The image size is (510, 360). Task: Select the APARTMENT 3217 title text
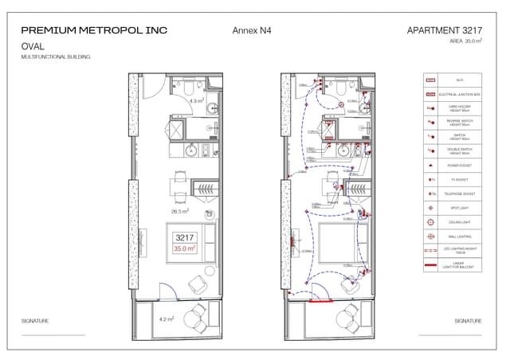(444, 30)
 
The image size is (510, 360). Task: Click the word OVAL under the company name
(33, 46)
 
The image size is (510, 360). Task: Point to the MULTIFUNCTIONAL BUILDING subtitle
(55, 57)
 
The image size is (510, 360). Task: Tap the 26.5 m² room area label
(180, 212)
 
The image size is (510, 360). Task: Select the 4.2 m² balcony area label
(166, 319)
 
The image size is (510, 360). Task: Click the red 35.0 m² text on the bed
(185, 249)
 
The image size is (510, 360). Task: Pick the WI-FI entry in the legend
(453, 80)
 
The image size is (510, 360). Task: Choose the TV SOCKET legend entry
(453, 180)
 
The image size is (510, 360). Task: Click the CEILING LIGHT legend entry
(453, 222)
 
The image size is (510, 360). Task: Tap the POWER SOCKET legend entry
(453, 166)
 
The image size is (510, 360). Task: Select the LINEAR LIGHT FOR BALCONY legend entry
(453, 265)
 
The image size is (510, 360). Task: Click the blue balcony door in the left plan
(167, 292)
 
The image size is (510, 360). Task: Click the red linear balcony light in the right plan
(321, 302)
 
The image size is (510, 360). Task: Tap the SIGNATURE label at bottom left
(35, 321)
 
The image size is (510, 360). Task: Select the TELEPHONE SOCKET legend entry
(453, 194)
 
